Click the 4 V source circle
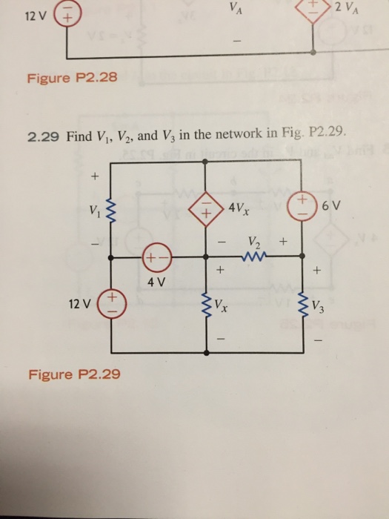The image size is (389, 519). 156,260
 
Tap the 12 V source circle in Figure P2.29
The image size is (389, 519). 112,303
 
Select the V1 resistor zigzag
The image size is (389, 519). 112,215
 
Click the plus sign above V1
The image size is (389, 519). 94,176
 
